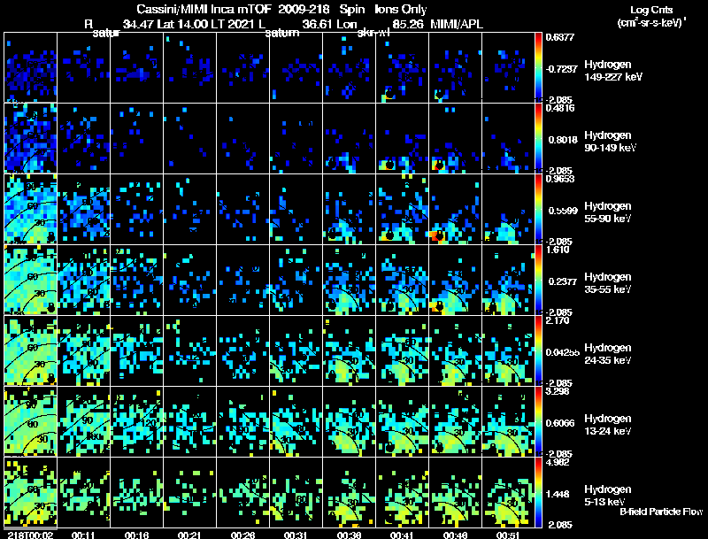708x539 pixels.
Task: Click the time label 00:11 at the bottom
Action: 84,535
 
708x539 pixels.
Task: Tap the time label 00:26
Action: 242,535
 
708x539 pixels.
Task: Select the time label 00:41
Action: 402,535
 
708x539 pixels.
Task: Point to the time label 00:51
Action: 508,535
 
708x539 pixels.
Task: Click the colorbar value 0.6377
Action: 561,37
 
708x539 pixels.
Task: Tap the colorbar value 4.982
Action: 561,461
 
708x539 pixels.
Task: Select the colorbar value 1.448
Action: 561,494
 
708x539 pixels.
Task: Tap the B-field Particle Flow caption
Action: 660,512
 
